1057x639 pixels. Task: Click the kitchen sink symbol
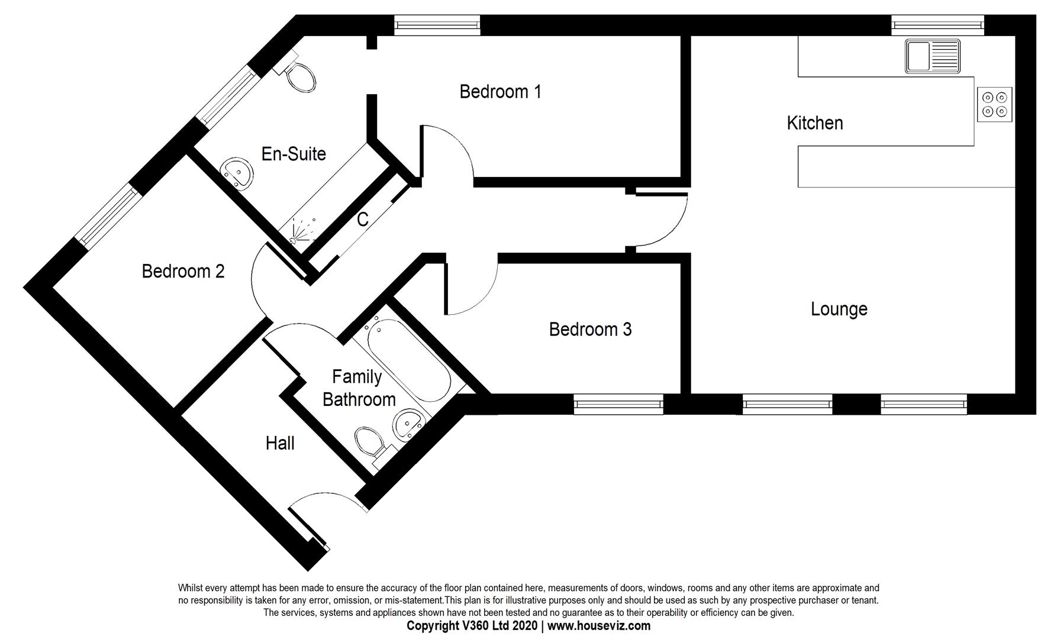click(x=933, y=56)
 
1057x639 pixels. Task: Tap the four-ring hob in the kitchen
click(x=994, y=104)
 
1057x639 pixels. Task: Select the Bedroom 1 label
click(x=500, y=92)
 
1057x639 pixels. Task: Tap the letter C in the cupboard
click(x=363, y=220)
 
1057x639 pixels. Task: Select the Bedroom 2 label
click(x=183, y=271)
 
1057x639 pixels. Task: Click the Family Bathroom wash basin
click(x=409, y=424)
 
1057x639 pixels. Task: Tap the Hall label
click(x=280, y=443)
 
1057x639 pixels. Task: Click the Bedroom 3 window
click(x=618, y=404)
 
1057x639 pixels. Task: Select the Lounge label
click(x=839, y=309)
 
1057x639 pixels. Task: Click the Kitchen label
click(x=814, y=123)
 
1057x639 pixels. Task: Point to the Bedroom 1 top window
click(x=437, y=25)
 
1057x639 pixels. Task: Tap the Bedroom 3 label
click(x=590, y=329)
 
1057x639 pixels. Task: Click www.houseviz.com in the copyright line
click(x=598, y=626)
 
